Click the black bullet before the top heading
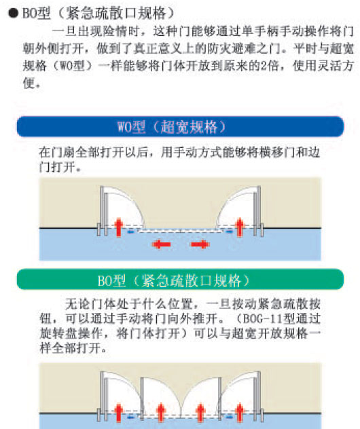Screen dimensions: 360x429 pyautogui.click(x=13, y=13)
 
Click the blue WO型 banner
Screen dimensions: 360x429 pyautogui.click(x=180, y=126)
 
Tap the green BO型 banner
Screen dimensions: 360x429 pyautogui.click(x=180, y=280)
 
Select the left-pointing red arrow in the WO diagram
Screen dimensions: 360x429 pyautogui.click(x=161, y=244)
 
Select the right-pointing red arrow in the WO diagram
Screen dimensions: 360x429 pyautogui.click(x=200, y=244)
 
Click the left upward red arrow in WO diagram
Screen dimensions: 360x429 pyautogui.click(x=118, y=227)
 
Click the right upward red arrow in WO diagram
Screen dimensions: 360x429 pyautogui.click(x=240, y=227)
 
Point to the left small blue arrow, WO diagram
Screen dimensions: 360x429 pyautogui.click(x=131, y=231)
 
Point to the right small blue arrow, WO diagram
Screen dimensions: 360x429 pyautogui.click(x=229, y=231)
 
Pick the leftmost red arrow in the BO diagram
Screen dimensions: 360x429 pyautogui.click(x=118, y=413)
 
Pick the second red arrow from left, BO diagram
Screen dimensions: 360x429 pyautogui.click(x=161, y=413)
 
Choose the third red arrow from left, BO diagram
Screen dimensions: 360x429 pyautogui.click(x=200, y=413)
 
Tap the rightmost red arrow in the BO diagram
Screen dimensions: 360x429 pyautogui.click(x=240, y=413)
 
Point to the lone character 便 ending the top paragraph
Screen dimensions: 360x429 pyautogui.click(x=29, y=83)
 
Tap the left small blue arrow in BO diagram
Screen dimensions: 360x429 pyautogui.click(x=131, y=417)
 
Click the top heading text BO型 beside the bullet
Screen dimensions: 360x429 pyautogui.click(x=37, y=13)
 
